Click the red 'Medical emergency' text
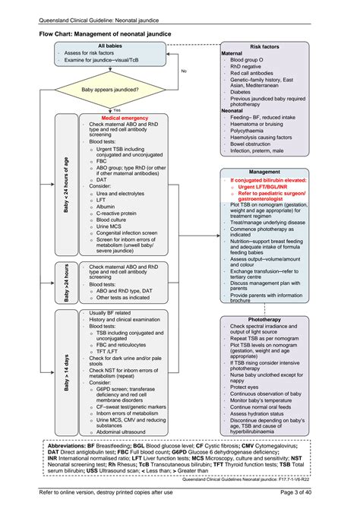coord(125,119)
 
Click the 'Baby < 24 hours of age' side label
coord(67,184)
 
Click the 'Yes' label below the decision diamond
coord(117,109)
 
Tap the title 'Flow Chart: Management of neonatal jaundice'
coord(105,34)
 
